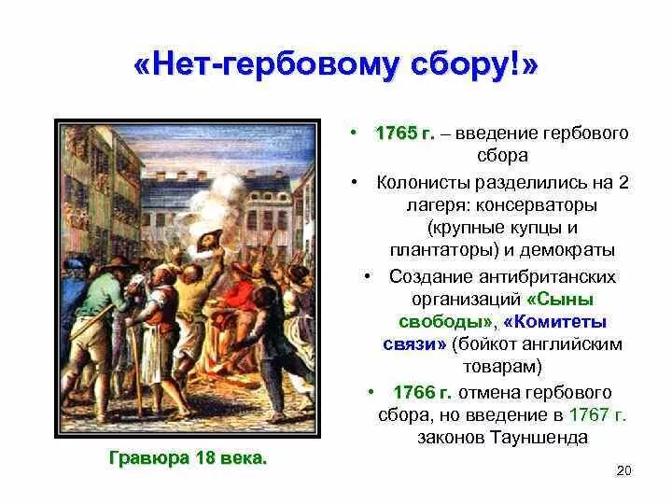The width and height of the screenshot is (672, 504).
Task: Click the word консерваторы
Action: pos(541,203)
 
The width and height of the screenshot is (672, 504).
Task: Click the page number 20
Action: pos(624,470)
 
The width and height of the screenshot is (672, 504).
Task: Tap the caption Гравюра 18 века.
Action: pos(188,457)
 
